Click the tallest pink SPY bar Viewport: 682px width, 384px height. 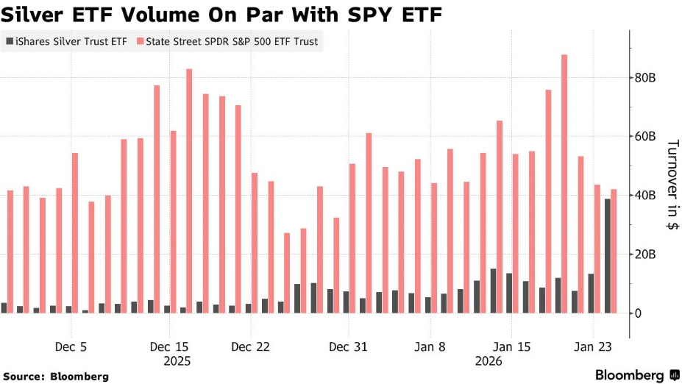click(x=564, y=184)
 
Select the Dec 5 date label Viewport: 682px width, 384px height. click(x=71, y=346)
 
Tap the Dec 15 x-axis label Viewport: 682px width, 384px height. click(x=170, y=346)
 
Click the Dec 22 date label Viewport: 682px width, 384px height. click(x=252, y=346)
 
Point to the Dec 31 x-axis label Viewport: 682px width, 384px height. click(x=349, y=346)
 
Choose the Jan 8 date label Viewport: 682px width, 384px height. click(x=430, y=346)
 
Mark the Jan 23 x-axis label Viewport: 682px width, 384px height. click(x=594, y=346)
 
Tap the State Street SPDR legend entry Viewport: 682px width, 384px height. click(x=228, y=42)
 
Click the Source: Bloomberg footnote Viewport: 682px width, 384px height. click(x=55, y=376)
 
